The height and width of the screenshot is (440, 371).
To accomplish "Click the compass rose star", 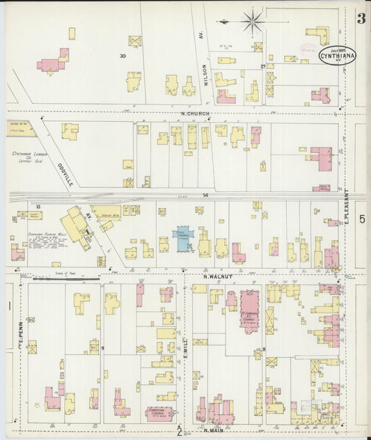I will pyautogui.click(x=252, y=21).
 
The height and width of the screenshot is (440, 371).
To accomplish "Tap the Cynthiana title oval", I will pyautogui.click(x=338, y=55).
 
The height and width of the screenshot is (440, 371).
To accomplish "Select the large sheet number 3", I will pyautogui.click(x=361, y=18).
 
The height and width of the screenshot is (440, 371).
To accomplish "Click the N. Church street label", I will pyautogui.click(x=194, y=113).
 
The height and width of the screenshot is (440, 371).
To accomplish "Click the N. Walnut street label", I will pyautogui.click(x=216, y=276).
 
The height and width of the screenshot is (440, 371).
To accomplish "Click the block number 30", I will pyautogui.click(x=123, y=56).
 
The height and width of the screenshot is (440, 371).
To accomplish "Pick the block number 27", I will pyautogui.click(x=263, y=66).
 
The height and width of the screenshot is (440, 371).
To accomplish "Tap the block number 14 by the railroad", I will pyautogui.click(x=205, y=196).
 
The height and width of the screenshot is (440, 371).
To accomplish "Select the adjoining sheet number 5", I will pyautogui.click(x=362, y=219).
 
